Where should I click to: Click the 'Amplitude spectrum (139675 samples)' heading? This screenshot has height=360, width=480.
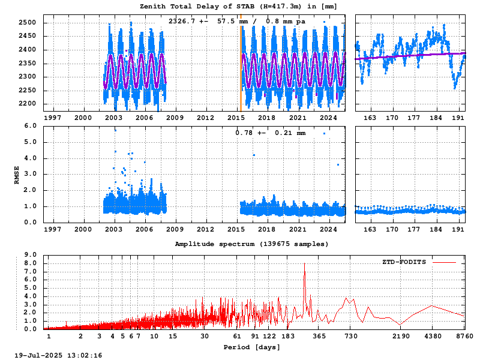251,244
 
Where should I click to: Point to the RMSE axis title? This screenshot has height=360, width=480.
17,175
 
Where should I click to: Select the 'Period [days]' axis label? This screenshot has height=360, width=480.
251,347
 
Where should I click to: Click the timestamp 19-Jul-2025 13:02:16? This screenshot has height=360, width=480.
58,355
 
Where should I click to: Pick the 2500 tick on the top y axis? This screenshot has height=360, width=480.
27,23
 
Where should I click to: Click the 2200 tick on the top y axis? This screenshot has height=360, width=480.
27,104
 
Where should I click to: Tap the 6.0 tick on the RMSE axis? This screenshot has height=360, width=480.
31,126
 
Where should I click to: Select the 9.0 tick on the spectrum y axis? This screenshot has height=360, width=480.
31,254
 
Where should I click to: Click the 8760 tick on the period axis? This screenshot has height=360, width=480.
464,336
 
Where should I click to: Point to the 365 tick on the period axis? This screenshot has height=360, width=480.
320,336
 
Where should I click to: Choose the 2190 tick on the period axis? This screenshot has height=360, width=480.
401,336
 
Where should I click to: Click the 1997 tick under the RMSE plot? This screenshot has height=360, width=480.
53,229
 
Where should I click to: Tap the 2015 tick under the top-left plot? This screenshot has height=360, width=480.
236,118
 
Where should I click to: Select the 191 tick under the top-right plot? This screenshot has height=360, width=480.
458,118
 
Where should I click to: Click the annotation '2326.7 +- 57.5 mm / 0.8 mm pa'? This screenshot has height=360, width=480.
236,22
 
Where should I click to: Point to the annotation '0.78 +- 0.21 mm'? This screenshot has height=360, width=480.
271,133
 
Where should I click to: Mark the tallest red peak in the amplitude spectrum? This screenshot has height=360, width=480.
304,263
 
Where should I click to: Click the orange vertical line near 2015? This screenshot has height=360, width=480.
241,63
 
